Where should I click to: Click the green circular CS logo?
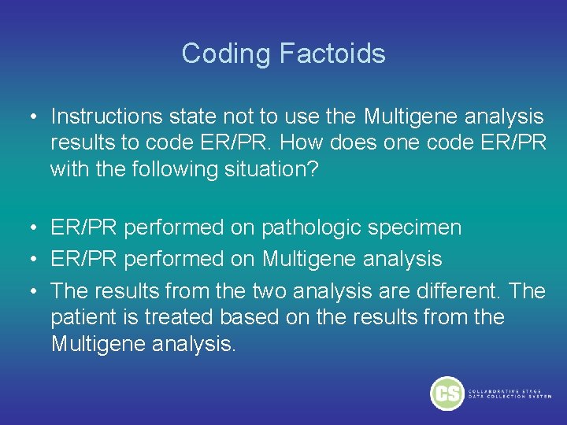coord(447,393)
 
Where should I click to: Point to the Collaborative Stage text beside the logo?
coord(510,394)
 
